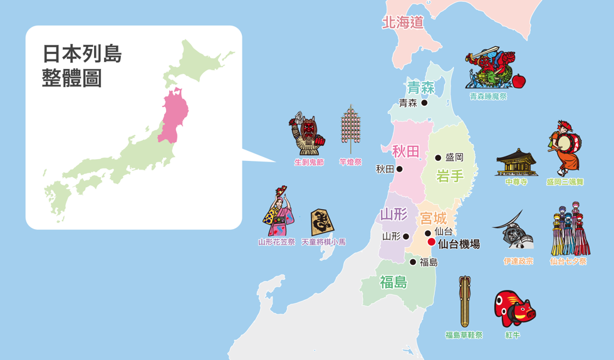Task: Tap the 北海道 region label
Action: (403, 23)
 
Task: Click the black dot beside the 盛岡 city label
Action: (438, 158)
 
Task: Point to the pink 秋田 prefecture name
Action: (406, 151)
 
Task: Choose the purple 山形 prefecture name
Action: (394, 215)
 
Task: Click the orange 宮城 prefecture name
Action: (434, 219)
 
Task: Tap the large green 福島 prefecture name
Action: (393, 282)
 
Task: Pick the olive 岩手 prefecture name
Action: (450, 175)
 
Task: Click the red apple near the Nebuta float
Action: (519, 80)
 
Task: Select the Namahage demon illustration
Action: (308, 135)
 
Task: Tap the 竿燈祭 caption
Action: (350, 163)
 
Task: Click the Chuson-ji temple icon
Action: (516, 163)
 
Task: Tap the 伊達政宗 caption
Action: (518, 261)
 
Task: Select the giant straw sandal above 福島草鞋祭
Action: (464, 301)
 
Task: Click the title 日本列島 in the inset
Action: (82, 54)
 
